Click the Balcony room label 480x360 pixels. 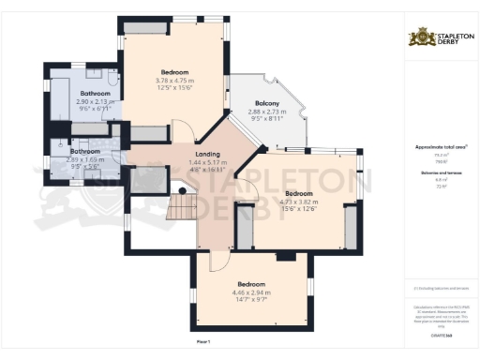click(x=264, y=104)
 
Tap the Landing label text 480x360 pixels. click(x=206, y=155)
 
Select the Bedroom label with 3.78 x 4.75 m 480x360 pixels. click(x=174, y=72)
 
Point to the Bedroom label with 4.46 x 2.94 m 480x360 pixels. click(x=250, y=284)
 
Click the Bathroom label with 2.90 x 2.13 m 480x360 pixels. click(x=95, y=94)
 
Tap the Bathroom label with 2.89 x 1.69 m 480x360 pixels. click(x=85, y=151)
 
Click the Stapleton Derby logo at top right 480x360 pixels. click(x=440, y=37)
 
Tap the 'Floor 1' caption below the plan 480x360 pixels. click(x=202, y=339)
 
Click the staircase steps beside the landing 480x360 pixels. click(x=178, y=207)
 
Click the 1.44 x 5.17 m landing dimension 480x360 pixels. click(x=206, y=163)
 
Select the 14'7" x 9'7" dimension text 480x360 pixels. click(x=250, y=299)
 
